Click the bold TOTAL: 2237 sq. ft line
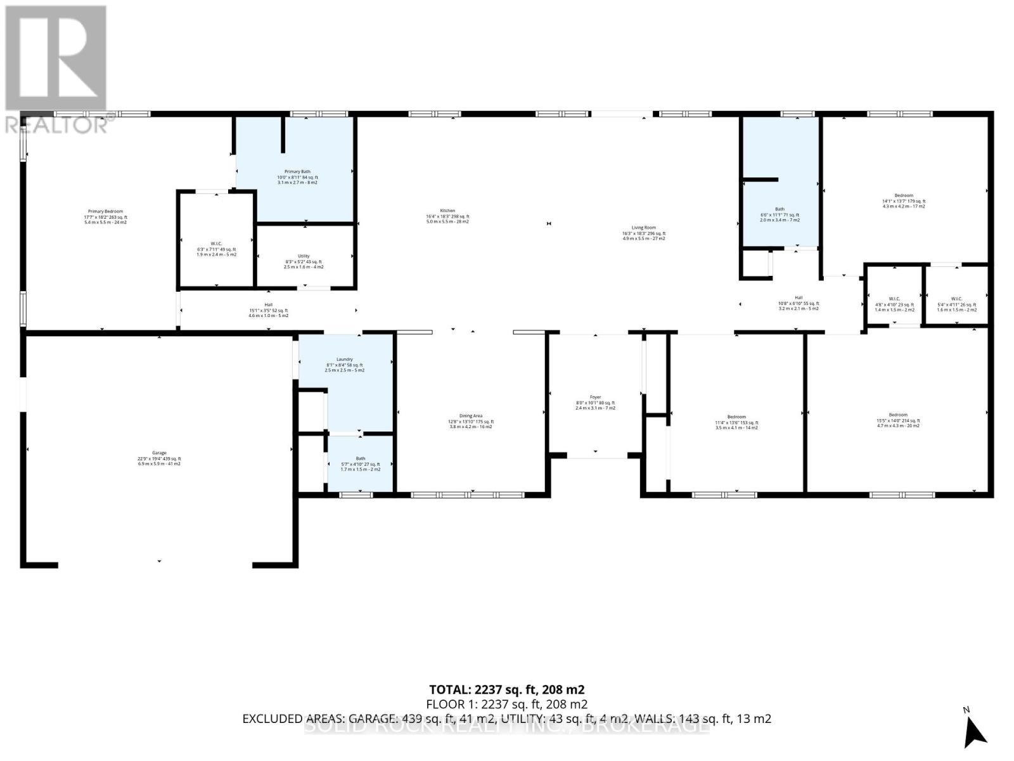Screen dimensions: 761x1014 [506, 689]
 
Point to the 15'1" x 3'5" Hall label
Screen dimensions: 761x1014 [268, 310]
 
